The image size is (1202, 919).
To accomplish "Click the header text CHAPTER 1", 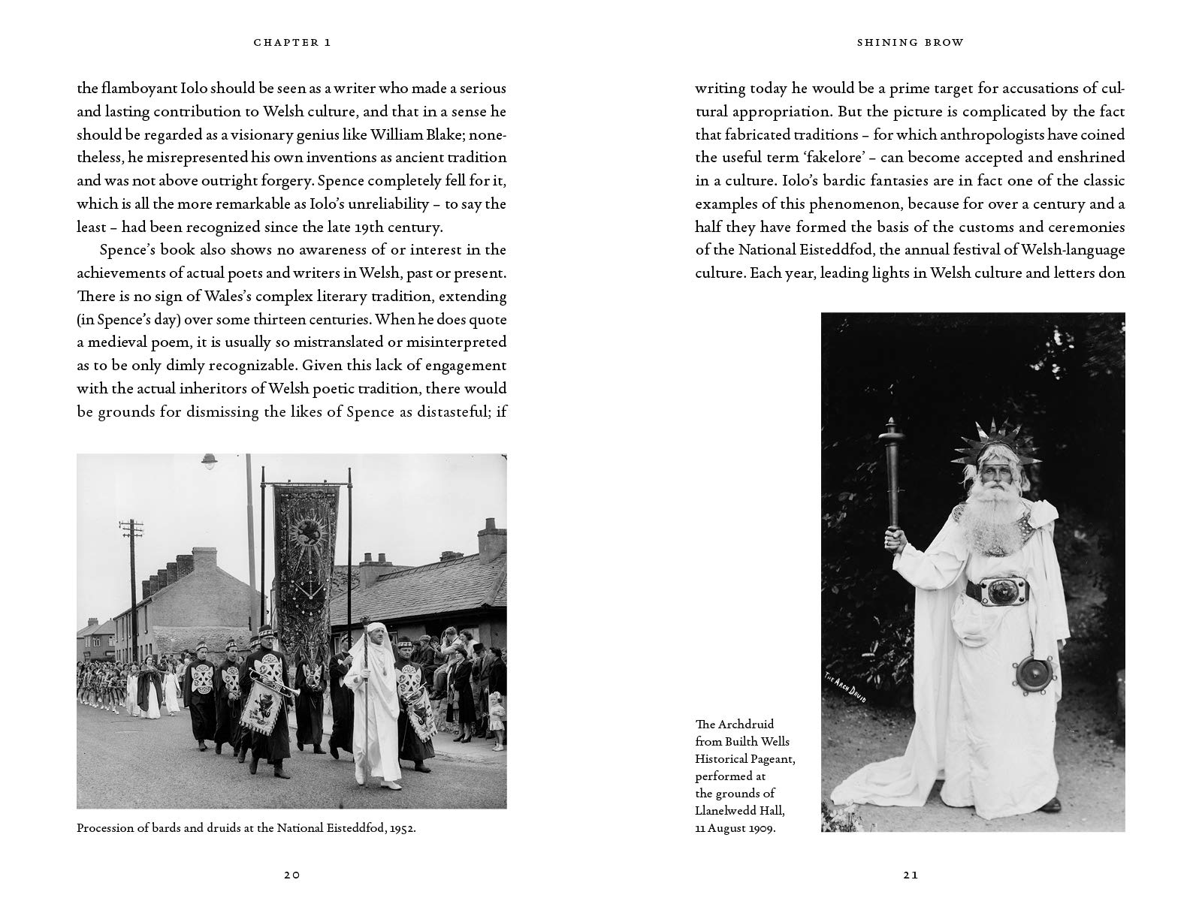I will click(292, 43).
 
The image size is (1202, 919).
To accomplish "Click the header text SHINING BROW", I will click(910, 43).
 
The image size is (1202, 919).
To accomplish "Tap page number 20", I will click(292, 875).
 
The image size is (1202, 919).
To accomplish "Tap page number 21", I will click(910, 875).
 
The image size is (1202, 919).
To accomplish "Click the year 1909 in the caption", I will click(760, 827).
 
